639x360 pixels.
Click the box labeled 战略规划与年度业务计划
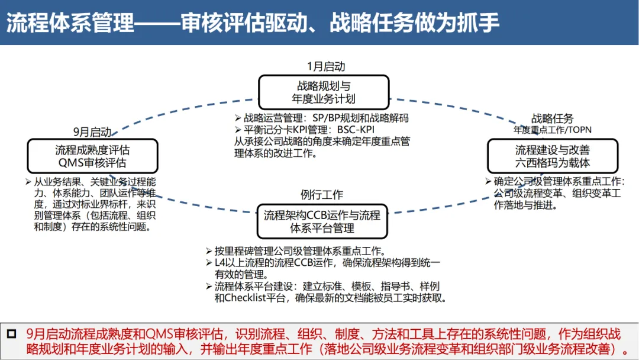(324, 92)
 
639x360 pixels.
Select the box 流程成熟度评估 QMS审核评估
(92, 156)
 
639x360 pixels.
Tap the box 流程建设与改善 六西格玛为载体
(552, 156)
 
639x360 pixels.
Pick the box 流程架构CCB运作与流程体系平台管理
(322, 221)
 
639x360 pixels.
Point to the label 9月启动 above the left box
(92, 131)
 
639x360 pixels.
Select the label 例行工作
(322, 194)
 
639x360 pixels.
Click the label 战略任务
(552, 119)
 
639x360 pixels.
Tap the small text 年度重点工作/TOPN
(552, 130)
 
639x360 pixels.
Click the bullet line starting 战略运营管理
(326, 118)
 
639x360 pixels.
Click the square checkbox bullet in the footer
(12, 334)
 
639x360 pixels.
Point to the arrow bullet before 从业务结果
(28, 182)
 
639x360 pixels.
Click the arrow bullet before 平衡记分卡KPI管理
(238, 130)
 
